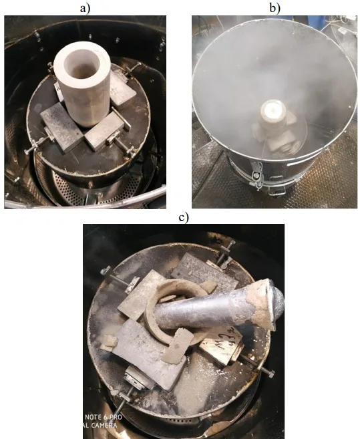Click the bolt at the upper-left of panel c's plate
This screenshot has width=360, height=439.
pos(105,271)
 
